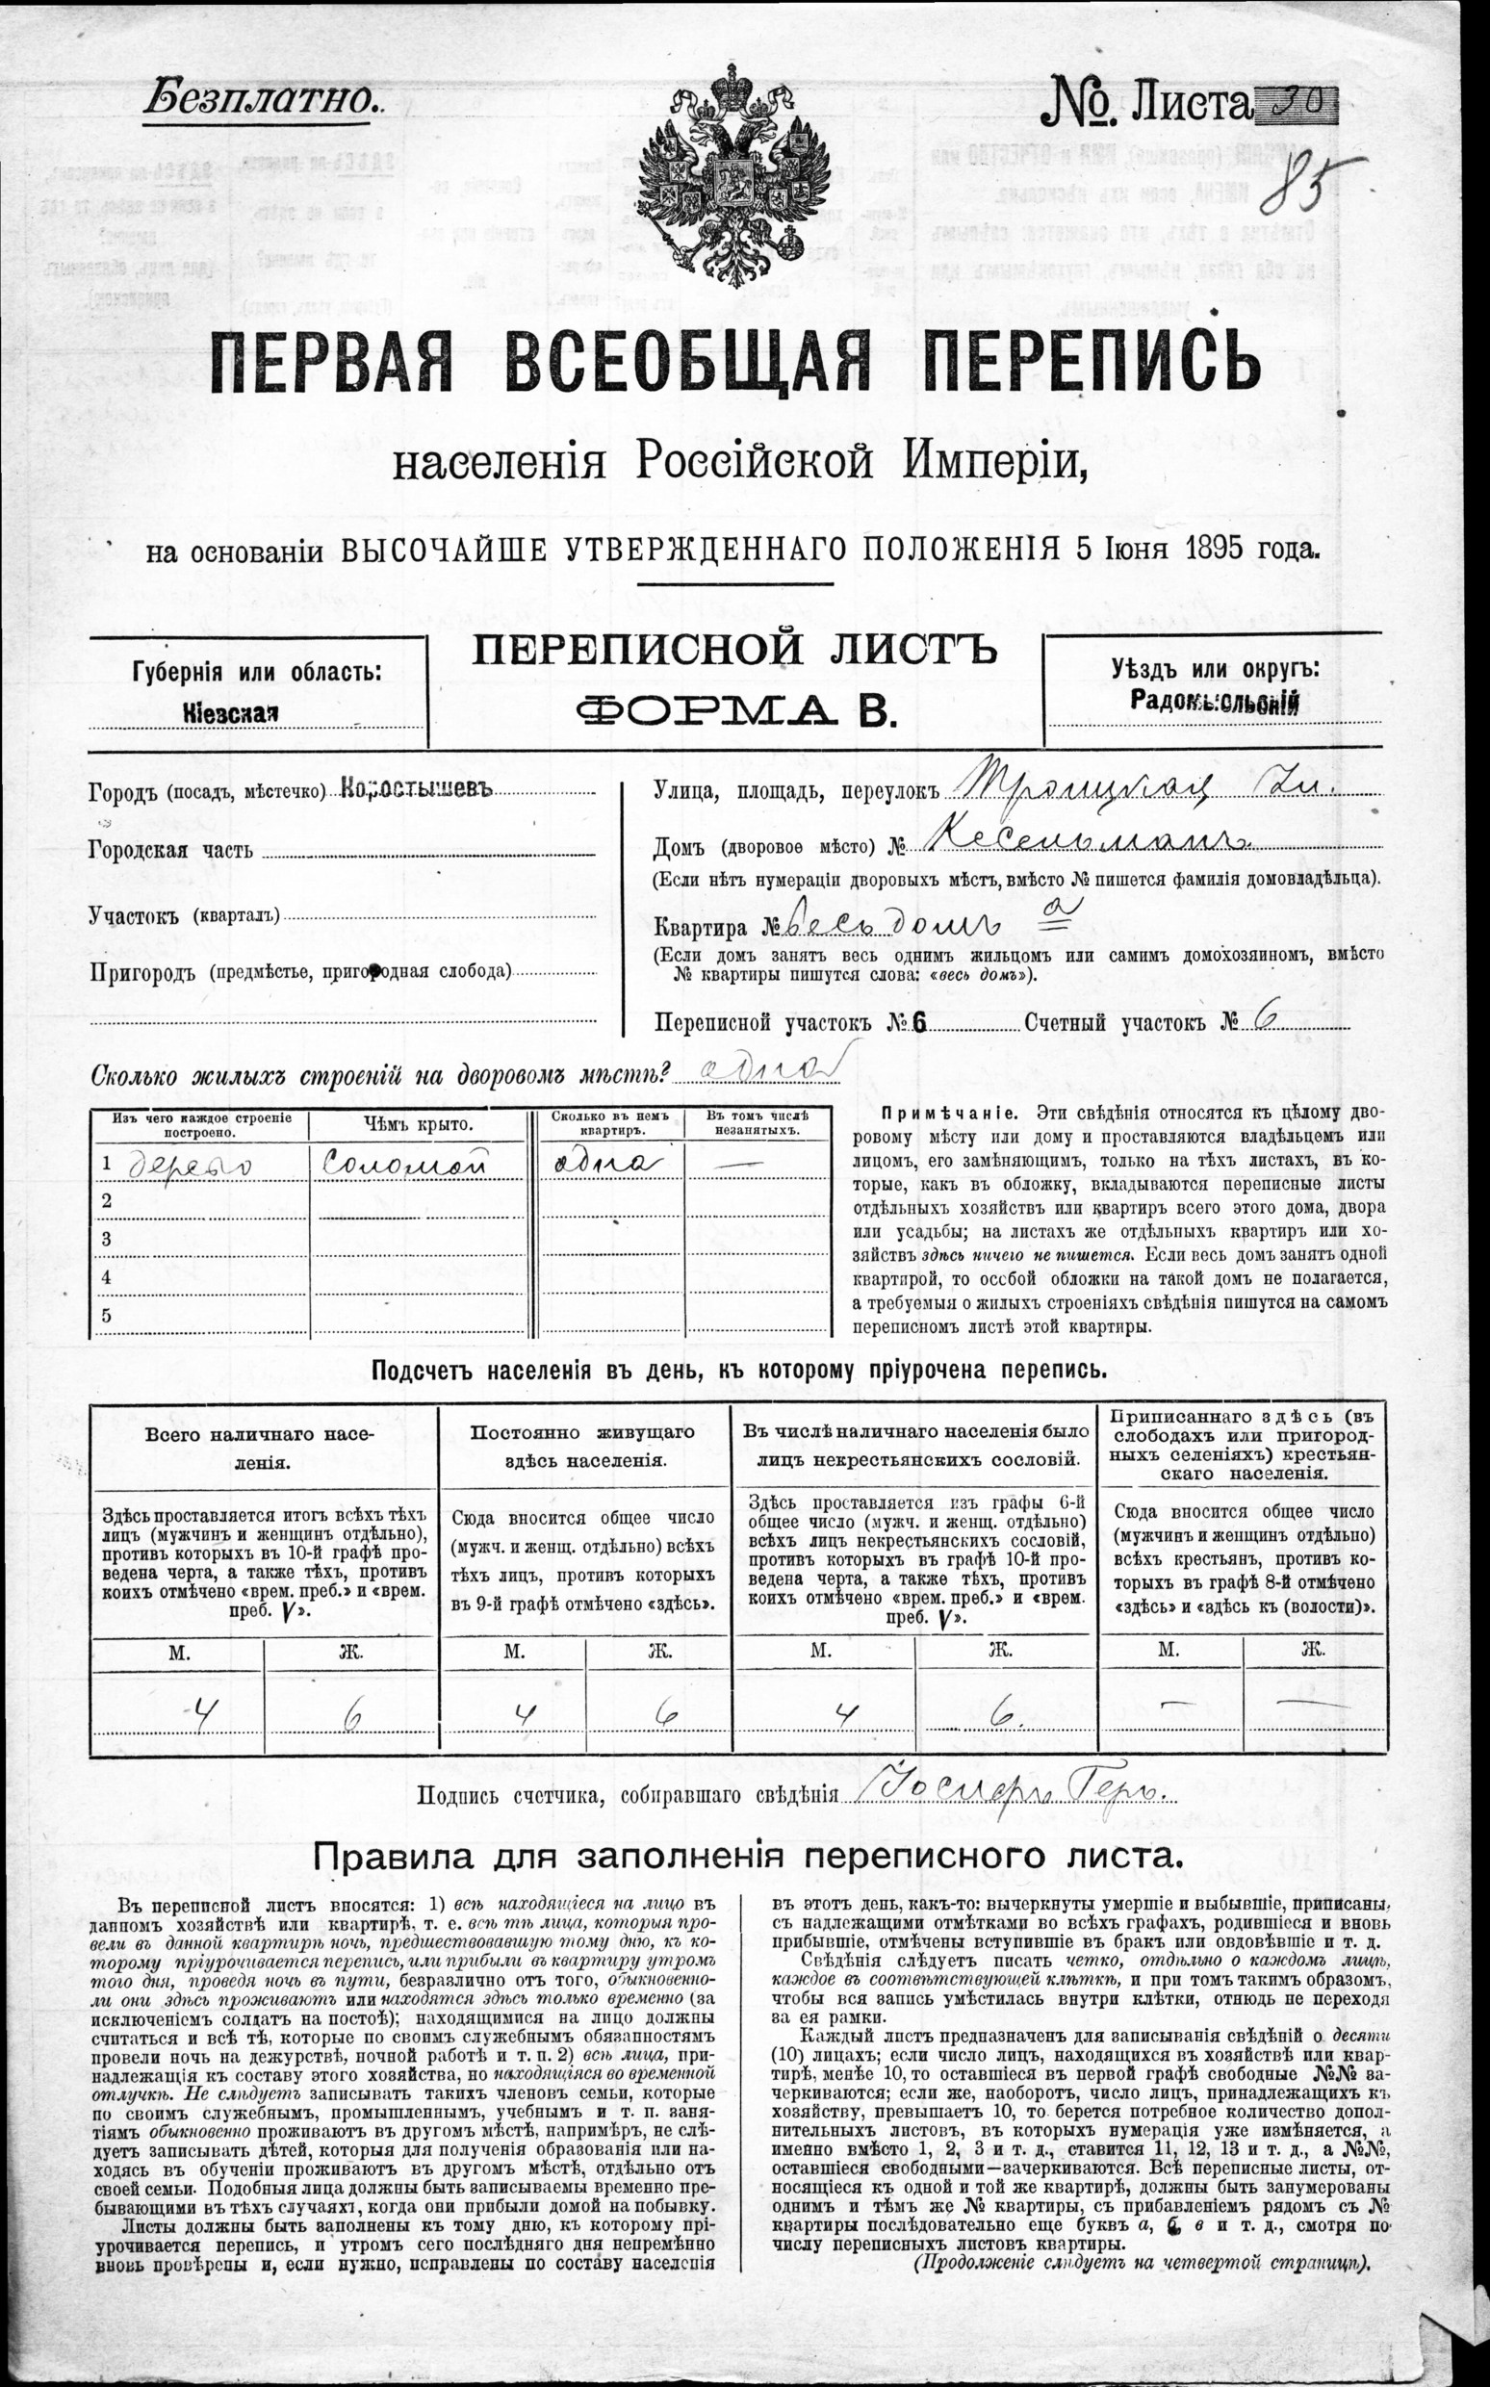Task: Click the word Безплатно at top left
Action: click(259, 99)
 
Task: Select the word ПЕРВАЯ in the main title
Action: click(331, 366)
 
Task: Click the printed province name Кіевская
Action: click(231, 714)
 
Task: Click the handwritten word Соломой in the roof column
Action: click(405, 1165)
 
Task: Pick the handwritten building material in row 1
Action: click(190, 1166)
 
